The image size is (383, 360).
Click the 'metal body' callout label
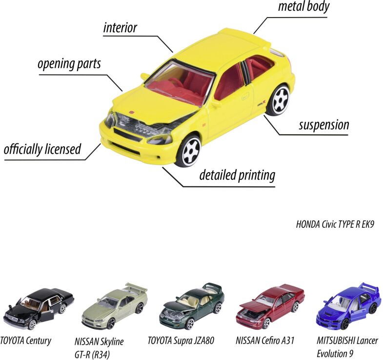[303, 7]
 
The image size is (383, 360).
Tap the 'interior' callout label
[120, 27]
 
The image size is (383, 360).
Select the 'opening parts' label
[69, 64]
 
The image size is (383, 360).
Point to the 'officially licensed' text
[42, 149]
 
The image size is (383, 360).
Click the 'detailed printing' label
[237, 175]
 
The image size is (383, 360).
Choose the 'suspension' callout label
[324, 125]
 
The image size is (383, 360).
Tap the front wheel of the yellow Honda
[188, 150]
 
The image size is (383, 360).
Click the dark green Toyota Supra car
[191, 305]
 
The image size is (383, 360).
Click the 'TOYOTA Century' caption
[25, 340]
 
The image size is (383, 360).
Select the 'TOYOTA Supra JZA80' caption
[181, 340]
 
